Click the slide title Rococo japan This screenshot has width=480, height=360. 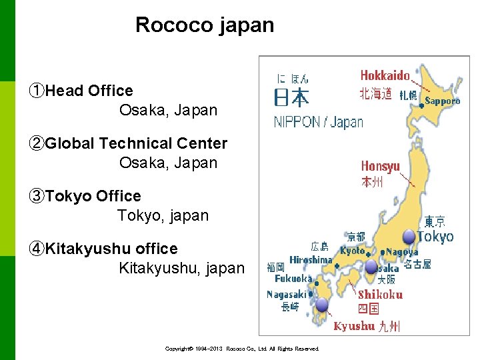(205, 25)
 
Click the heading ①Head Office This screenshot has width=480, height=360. (81, 91)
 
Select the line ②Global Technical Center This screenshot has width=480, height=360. (128, 143)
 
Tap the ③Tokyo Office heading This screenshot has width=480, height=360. (85, 196)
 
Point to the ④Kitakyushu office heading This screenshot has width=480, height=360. (103, 249)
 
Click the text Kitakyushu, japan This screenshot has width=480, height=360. (181, 268)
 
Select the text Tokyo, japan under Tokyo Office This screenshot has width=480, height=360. (163, 215)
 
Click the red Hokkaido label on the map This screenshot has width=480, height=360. (385, 75)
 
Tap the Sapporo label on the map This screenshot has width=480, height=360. (442, 101)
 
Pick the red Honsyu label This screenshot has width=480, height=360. (380, 166)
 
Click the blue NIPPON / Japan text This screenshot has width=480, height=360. (318, 122)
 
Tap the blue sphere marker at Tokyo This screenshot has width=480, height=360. (409, 236)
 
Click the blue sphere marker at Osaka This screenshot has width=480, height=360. (371, 267)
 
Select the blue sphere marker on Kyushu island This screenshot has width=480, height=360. (322, 305)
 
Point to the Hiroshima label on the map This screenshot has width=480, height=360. (311, 259)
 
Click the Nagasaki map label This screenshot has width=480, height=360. (286, 294)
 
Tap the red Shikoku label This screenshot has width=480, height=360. (380, 294)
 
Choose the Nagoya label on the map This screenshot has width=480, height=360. (402, 252)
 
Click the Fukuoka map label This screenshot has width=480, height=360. (293, 278)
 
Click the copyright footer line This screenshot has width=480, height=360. (242, 349)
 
